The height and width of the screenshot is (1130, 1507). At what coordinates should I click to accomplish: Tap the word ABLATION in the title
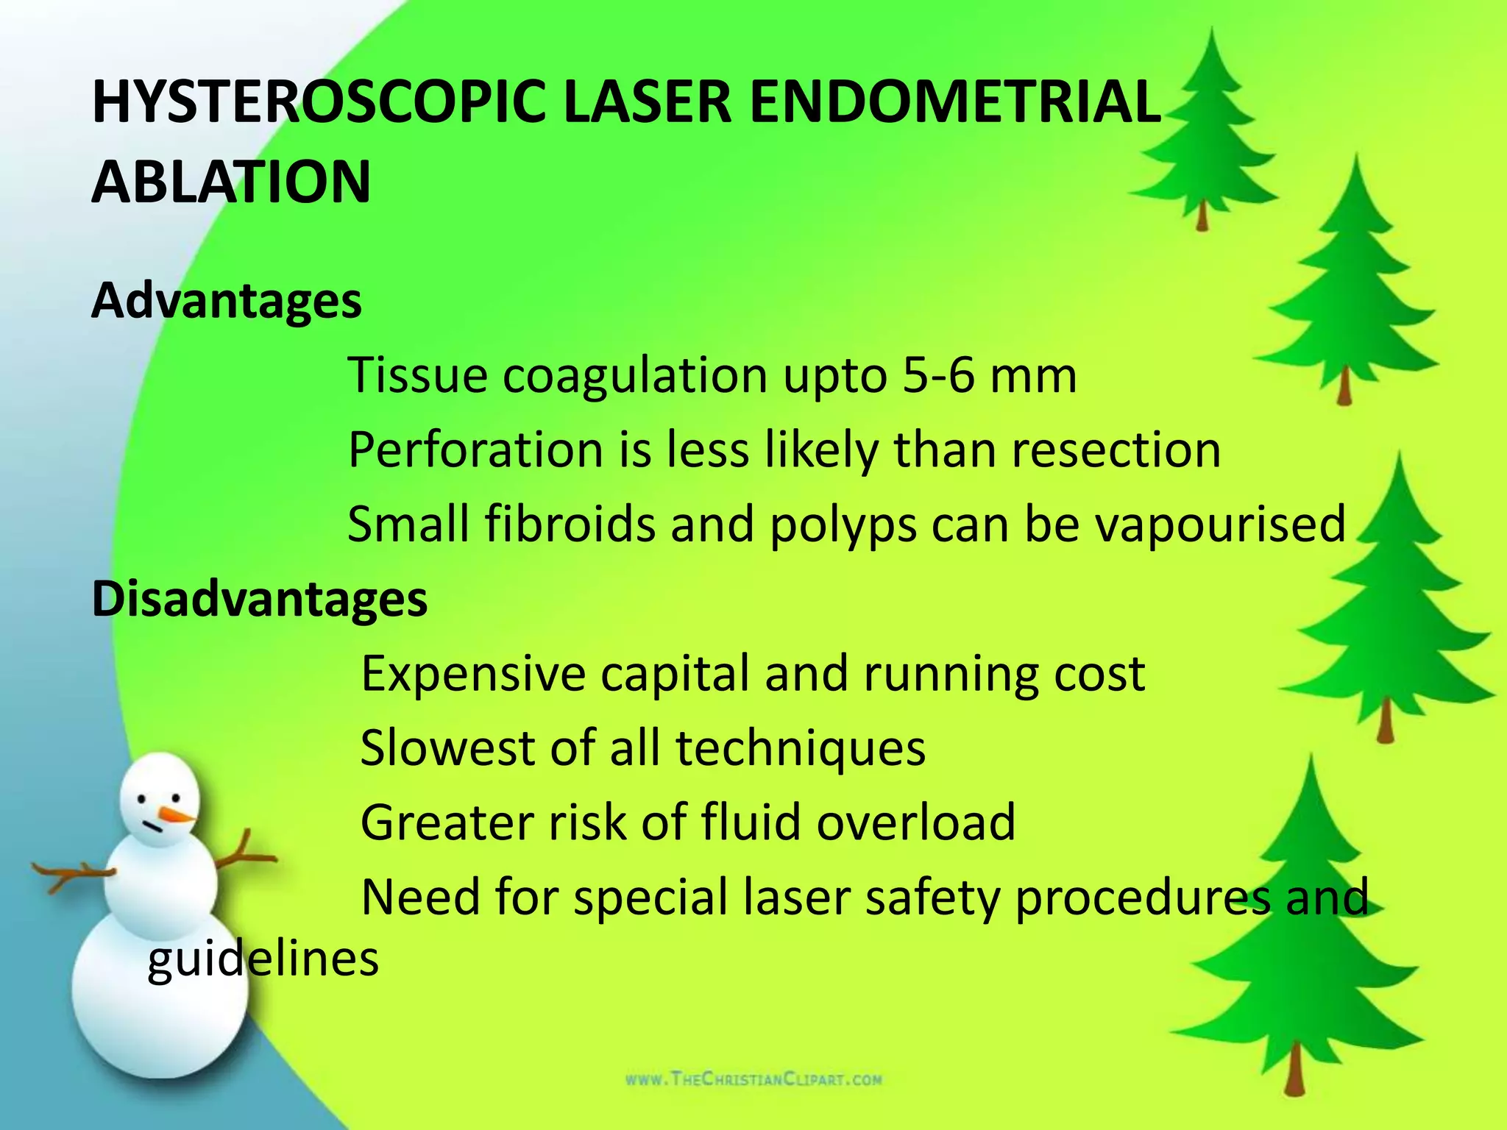[x=231, y=182]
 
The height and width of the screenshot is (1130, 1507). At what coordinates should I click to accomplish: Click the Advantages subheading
[x=227, y=301]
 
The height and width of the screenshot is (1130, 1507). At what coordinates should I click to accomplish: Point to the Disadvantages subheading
[x=259, y=599]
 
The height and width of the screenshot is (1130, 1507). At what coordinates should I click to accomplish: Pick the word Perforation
[x=475, y=450]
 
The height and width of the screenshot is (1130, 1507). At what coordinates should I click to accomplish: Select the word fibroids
[x=570, y=525]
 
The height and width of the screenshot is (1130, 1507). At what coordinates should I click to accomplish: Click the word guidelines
[x=263, y=959]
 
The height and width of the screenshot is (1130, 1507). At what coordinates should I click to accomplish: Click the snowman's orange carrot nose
[x=179, y=815]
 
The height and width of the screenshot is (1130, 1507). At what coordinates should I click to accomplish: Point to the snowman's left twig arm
[x=74, y=875]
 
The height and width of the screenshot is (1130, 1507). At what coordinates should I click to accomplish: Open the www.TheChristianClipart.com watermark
[x=753, y=1080]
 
